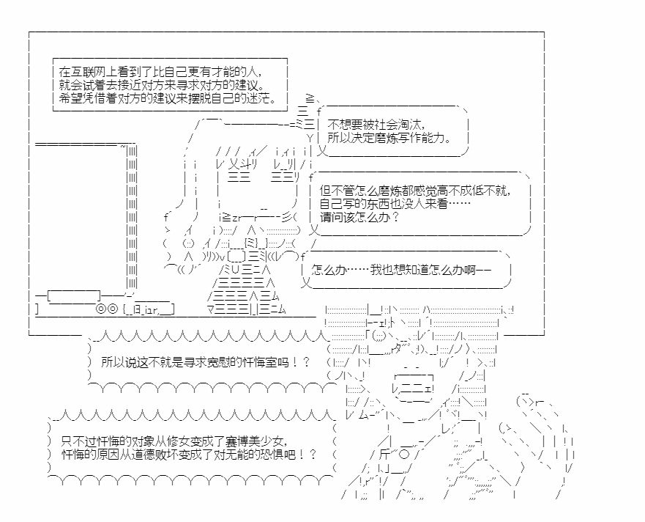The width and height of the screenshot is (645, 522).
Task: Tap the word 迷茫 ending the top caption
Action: [262, 98]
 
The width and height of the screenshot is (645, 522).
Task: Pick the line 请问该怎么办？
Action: [359, 216]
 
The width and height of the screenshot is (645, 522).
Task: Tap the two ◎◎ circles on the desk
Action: [108, 309]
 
